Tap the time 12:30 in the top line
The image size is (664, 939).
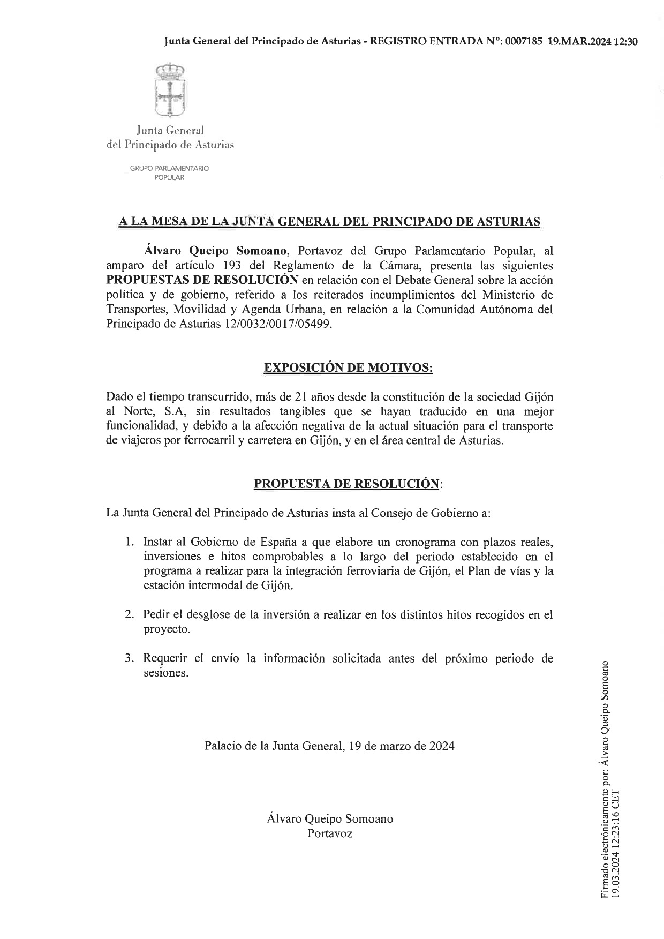click(x=625, y=42)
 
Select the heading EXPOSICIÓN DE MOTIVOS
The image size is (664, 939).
click(x=348, y=368)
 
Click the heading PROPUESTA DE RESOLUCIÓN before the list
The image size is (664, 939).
click(x=346, y=483)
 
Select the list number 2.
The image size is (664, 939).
click(x=129, y=614)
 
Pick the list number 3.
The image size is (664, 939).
click(x=129, y=658)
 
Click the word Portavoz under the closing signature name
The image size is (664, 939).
click(x=330, y=833)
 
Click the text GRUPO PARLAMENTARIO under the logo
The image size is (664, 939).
click(x=169, y=168)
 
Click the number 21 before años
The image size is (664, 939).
click(x=301, y=397)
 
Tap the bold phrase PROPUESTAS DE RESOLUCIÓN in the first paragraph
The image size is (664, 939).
click(x=202, y=280)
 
